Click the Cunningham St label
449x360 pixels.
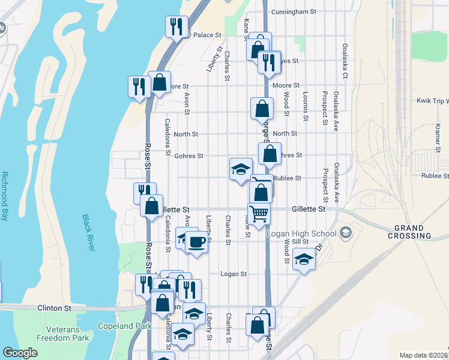click(x=294, y=11)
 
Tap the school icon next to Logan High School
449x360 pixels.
click(x=346, y=233)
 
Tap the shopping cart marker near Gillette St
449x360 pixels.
click(x=259, y=214)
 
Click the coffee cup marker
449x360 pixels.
click(x=196, y=242)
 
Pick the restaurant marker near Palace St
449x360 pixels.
click(x=176, y=26)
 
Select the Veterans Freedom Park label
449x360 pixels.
click(x=68, y=334)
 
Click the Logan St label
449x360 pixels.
click(x=234, y=274)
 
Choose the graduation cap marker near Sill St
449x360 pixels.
click(x=304, y=260)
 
